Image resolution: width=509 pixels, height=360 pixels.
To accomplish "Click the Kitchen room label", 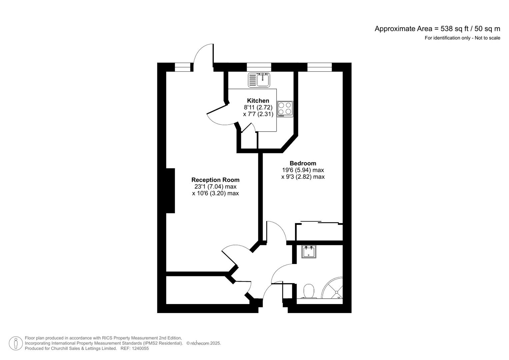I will click(258, 101).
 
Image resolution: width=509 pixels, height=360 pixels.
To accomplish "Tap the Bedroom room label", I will click(303, 163).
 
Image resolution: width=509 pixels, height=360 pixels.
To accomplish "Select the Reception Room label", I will click(215, 180).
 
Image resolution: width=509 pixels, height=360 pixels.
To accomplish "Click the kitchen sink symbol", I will click(259, 80).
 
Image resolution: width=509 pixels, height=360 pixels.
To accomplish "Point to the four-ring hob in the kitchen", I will click(285, 109).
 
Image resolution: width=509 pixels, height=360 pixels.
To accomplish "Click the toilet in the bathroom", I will click(309, 291).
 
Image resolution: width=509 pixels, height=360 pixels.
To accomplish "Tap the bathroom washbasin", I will click(309, 252).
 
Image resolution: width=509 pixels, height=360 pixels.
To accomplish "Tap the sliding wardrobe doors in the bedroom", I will click(319, 222).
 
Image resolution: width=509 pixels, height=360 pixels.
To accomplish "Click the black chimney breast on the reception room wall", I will click(170, 191).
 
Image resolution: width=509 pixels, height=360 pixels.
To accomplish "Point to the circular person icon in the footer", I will click(16, 343).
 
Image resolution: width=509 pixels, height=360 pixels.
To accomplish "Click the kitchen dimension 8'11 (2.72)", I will click(258, 107).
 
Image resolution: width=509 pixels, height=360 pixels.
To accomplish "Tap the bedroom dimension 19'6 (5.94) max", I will click(303, 170).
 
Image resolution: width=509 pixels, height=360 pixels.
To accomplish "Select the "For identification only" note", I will click(462, 38).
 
